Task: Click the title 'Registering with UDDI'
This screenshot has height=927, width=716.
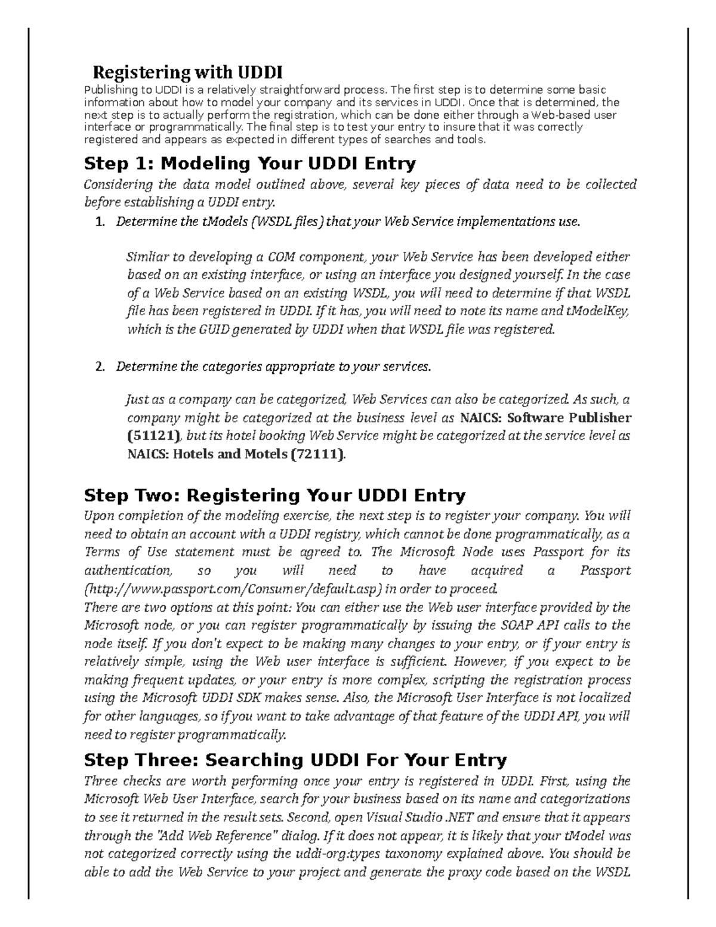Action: [187, 73]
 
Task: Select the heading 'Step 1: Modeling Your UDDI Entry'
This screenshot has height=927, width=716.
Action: [250, 163]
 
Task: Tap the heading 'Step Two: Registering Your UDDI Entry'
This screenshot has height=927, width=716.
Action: [274, 495]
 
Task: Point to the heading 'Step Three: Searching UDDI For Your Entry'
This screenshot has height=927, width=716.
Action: [295, 760]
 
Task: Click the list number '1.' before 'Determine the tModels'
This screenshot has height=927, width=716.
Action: [100, 222]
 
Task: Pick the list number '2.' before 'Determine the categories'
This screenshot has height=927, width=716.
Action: [100, 367]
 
